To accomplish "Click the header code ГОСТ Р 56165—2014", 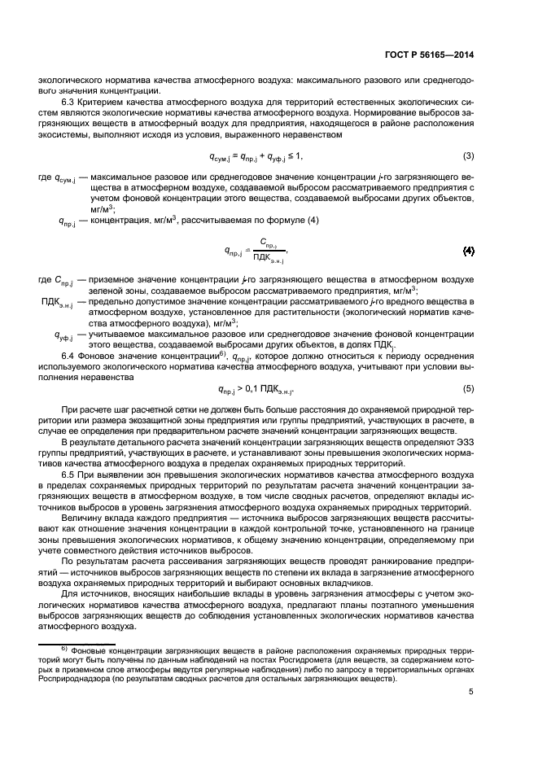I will point(431,55).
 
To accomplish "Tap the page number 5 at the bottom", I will point(471,693).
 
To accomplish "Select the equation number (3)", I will point(468,155).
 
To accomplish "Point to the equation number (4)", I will point(468,250).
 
